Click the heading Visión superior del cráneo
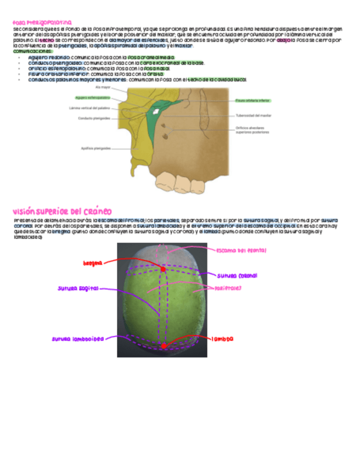[62, 211]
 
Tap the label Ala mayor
[103, 87]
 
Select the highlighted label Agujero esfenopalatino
[93, 98]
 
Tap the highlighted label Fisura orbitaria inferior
[252, 101]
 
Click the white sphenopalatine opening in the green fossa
[157, 111]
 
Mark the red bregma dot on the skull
[163, 269]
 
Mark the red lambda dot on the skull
[164, 346]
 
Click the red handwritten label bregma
[93, 263]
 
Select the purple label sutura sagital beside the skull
[78, 288]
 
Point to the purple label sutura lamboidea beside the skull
[77, 339]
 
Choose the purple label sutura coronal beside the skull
[237, 275]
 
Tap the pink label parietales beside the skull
[229, 288]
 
